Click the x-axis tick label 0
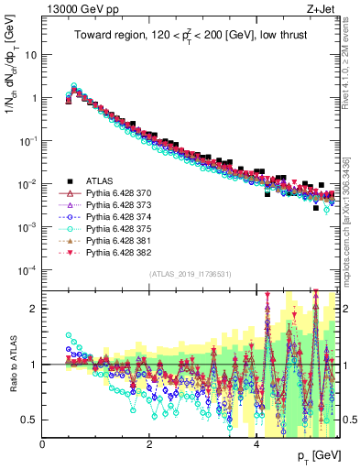(x=42, y=443)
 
